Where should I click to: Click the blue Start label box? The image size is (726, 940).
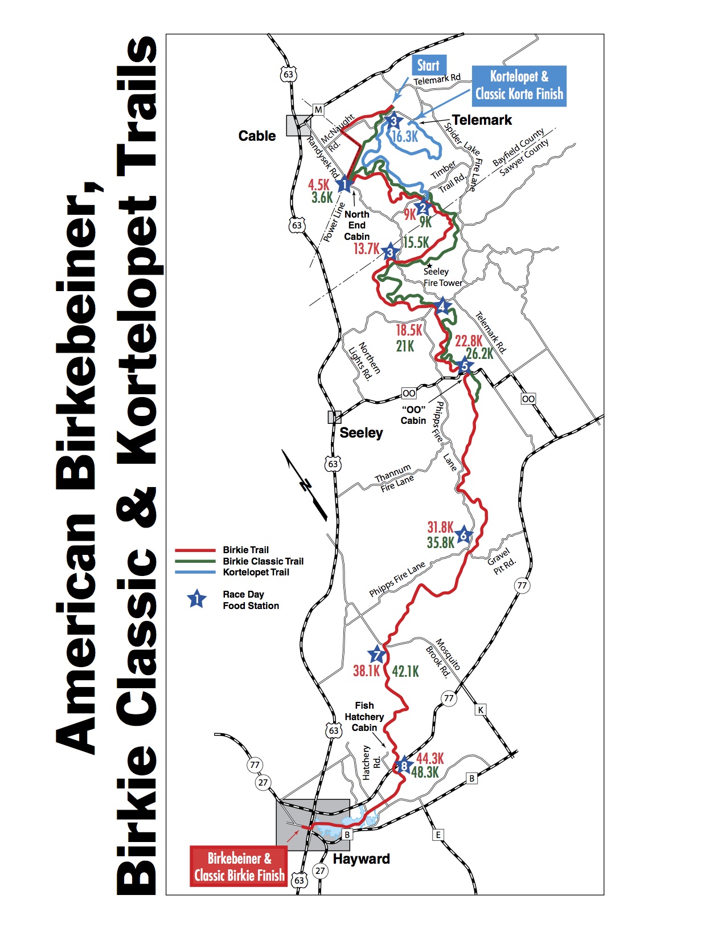[x=428, y=66]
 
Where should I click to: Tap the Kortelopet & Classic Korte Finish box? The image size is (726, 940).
[x=519, y=85]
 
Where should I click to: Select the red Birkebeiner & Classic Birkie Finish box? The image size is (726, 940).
[x=239, y=867]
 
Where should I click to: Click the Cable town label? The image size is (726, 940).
[x=257, y=136]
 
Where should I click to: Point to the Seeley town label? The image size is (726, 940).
[x=361, y=433]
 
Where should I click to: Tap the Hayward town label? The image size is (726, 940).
[x=361, y=859]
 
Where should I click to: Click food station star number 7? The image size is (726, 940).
[x=376, y=655]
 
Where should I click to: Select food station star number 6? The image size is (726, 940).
[x=464, y=535]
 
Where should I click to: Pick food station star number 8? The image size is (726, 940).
[x=404, y=766]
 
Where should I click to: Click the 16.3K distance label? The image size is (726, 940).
[x=405, y=137]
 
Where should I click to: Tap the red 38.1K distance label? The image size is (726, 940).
[x=366, y=671]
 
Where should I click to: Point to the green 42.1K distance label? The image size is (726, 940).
[x=405, y=672]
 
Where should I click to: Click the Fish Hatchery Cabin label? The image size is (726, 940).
[x=364, y=717]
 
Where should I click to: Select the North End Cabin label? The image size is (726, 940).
[x=357, y=226]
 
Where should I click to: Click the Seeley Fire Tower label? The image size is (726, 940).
[x=442, y=277]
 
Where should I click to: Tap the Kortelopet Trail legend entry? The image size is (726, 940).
[x=256, y=573]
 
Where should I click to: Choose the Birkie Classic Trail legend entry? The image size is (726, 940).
[x=263, y=561]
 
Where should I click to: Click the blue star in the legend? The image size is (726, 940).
[x=197, y=599]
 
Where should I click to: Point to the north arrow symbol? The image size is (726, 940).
[x=305, y=485]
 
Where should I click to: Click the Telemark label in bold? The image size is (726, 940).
[x=482, y=120]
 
